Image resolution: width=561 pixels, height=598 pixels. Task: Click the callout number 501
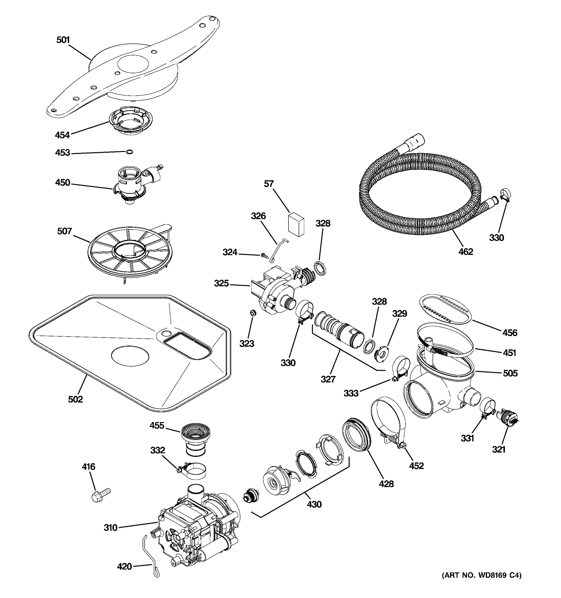(63, 40)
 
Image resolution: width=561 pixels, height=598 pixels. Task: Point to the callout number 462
(466, 251)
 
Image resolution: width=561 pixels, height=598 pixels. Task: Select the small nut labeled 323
(253, 313)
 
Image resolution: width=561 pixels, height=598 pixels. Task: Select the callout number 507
(64, 231)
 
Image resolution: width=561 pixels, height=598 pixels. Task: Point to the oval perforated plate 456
(445, 309)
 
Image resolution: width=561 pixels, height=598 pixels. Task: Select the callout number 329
(399, 314)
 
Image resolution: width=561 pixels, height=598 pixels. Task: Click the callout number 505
(510, 373)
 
